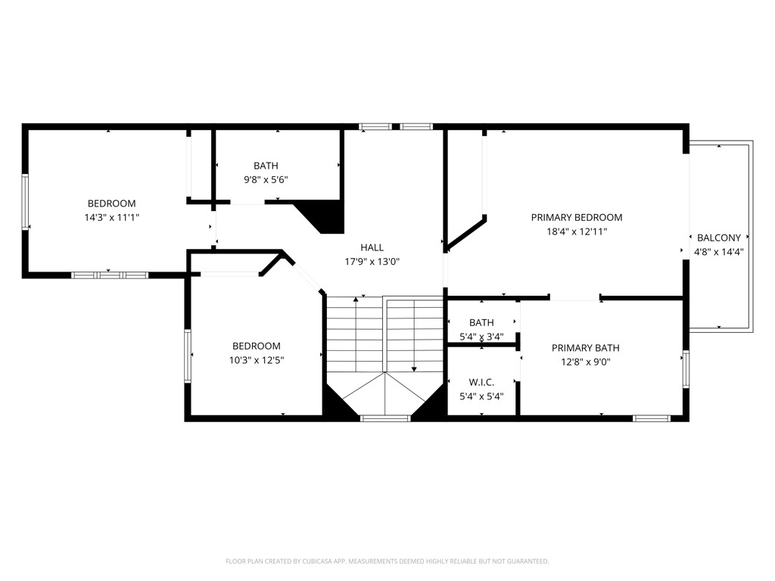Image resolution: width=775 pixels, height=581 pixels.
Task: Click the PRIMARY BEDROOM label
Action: pyautogui.click(x=576, y=217)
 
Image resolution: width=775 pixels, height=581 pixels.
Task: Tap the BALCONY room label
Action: pyautogui.click(x=719, y=238)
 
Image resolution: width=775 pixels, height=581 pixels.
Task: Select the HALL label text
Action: pyautogui.click(x=372, y=247)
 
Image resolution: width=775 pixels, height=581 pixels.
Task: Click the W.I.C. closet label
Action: pyautogui.click(x=481, y=382)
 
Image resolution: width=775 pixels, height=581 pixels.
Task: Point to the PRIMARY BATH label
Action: pyautogui.click(x=585, y=348)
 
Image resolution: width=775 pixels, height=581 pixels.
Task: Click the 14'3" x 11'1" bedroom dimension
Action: pyautogui.click(x=112, y=217)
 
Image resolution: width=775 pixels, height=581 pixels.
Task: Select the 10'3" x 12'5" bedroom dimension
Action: pyautogui.click(x=256, y=360)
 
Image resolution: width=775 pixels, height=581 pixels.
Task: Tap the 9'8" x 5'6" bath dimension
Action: pyautogui.click(x=266, y=180)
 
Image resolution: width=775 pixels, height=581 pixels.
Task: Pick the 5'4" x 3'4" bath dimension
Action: pyautogui.click(x=481, y=337)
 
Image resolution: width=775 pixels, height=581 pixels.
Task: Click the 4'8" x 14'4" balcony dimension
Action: pyautogui.click(x=719, y=252)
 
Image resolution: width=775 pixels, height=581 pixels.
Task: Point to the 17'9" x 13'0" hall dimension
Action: pyautogui.click(x=372, y=261)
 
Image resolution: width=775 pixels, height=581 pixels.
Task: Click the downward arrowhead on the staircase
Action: pyautogui.click(x=414, y=369)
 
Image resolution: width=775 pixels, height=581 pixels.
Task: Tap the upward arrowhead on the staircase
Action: pyautogui.click(x=356, y=300)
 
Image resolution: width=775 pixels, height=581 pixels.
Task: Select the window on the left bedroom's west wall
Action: pyautogui.click(x=25, y=201)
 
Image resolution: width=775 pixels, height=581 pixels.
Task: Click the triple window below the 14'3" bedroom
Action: pyautogui.click(x=110, y=275)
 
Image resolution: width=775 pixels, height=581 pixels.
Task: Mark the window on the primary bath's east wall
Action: pyautogui.click(x=686, y=369)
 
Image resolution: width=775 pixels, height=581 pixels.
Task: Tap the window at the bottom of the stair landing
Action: pyautogui.click(x=385, y=418)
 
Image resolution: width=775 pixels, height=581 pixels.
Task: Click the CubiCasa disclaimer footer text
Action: pyautogui.click(x=387, y=561)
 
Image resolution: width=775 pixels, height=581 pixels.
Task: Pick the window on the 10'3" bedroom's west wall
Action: pyautogui.click(x=188, y=356)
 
